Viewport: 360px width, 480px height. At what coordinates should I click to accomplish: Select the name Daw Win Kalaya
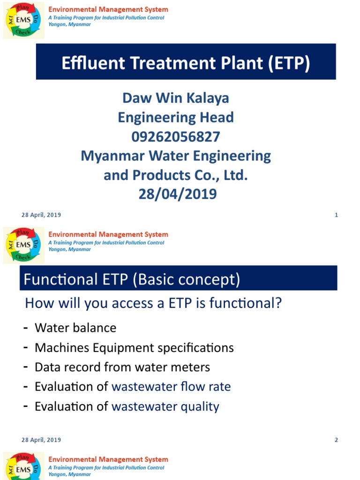pos(175,98)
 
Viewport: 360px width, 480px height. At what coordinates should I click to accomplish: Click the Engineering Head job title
pos(175,117)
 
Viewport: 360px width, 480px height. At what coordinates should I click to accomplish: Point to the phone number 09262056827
pos(175,136)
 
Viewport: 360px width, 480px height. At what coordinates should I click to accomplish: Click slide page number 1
pos(337,215)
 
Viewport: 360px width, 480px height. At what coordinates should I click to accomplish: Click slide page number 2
pos(337,440)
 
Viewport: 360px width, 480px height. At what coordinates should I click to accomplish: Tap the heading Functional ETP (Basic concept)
pos(132,280)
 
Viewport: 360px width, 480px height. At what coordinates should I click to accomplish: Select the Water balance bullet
pos(75,328)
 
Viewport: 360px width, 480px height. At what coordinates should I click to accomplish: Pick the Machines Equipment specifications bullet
pos(134,348)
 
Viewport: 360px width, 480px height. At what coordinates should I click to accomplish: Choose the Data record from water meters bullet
pos(122,367)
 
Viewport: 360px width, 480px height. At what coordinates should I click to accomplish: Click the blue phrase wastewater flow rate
pos(171,387)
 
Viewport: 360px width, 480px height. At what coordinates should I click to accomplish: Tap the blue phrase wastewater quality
pos(165,406)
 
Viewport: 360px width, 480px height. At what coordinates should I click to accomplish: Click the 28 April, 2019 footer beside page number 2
pos(41,440)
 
